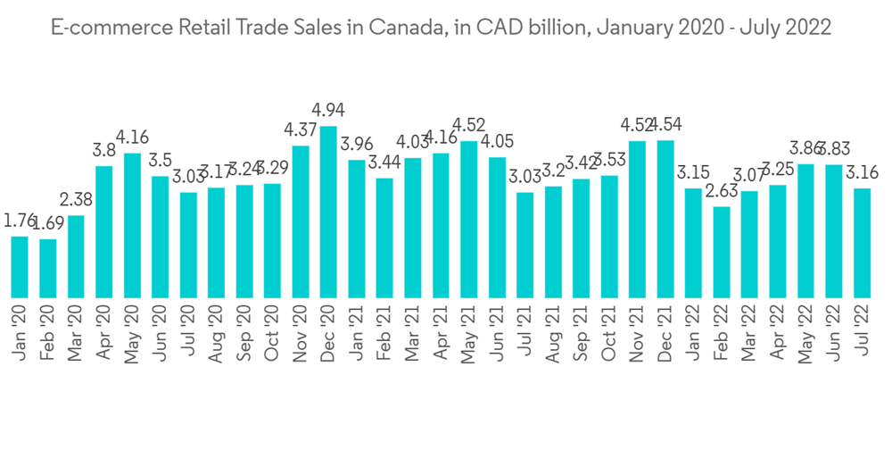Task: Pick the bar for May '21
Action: coord(469,219)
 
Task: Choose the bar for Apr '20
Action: coord(104,231)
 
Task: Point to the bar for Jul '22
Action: coord(863,242)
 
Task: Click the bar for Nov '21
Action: coord(638,219)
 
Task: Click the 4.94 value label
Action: coord(328,111)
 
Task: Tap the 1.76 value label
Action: coord(20,221)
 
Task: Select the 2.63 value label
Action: coord(722,191)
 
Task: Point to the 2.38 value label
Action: coord(76,199)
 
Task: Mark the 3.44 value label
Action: coord(384,162)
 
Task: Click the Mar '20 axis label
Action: coord(76,335)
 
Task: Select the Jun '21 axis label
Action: coord(498,335)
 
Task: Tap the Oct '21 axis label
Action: coord(610,335)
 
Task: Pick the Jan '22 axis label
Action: coord(694,335)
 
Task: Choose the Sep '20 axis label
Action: coord(244,335)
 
